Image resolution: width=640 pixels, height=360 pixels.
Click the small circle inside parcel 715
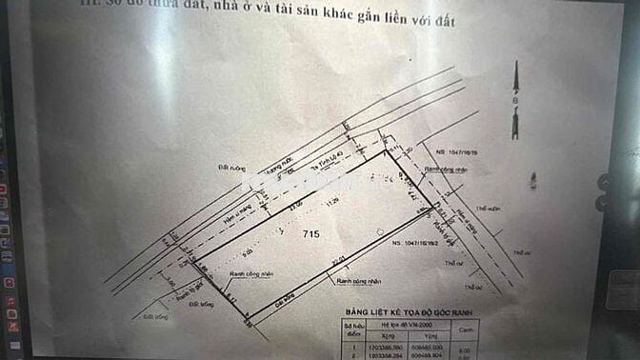[379, 231]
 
